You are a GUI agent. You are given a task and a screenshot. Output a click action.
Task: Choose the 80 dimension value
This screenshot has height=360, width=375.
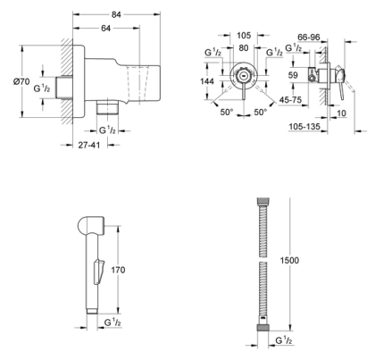244,49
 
